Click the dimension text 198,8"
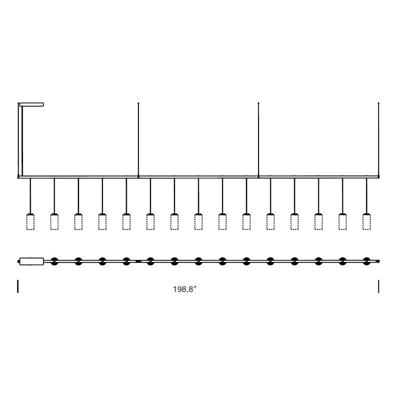(x=185, y=289)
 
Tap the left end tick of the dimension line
(x=18, y=286)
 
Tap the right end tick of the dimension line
(x=378, y=286)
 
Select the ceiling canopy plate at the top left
(x=31, y=104)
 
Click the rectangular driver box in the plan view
(x=31, y=261)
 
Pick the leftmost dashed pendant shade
(x=30, y=222)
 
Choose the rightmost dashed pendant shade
(x=366, y=222)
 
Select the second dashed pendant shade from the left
(x=54, y=222)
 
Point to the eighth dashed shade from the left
(x=198, y=222)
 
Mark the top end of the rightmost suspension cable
(x=378, y=103)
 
